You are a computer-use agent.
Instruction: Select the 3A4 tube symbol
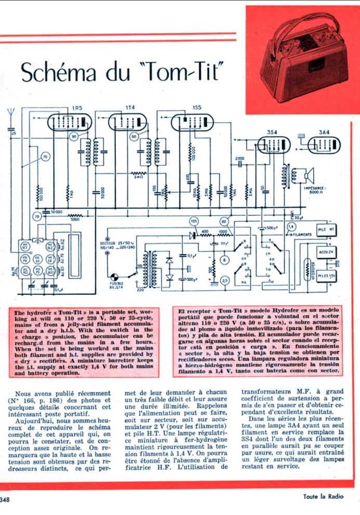point(325,144)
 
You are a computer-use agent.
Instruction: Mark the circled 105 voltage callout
point(194,222)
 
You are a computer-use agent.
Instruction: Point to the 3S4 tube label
point(271,133)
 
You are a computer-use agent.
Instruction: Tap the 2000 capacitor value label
point(239,158)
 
